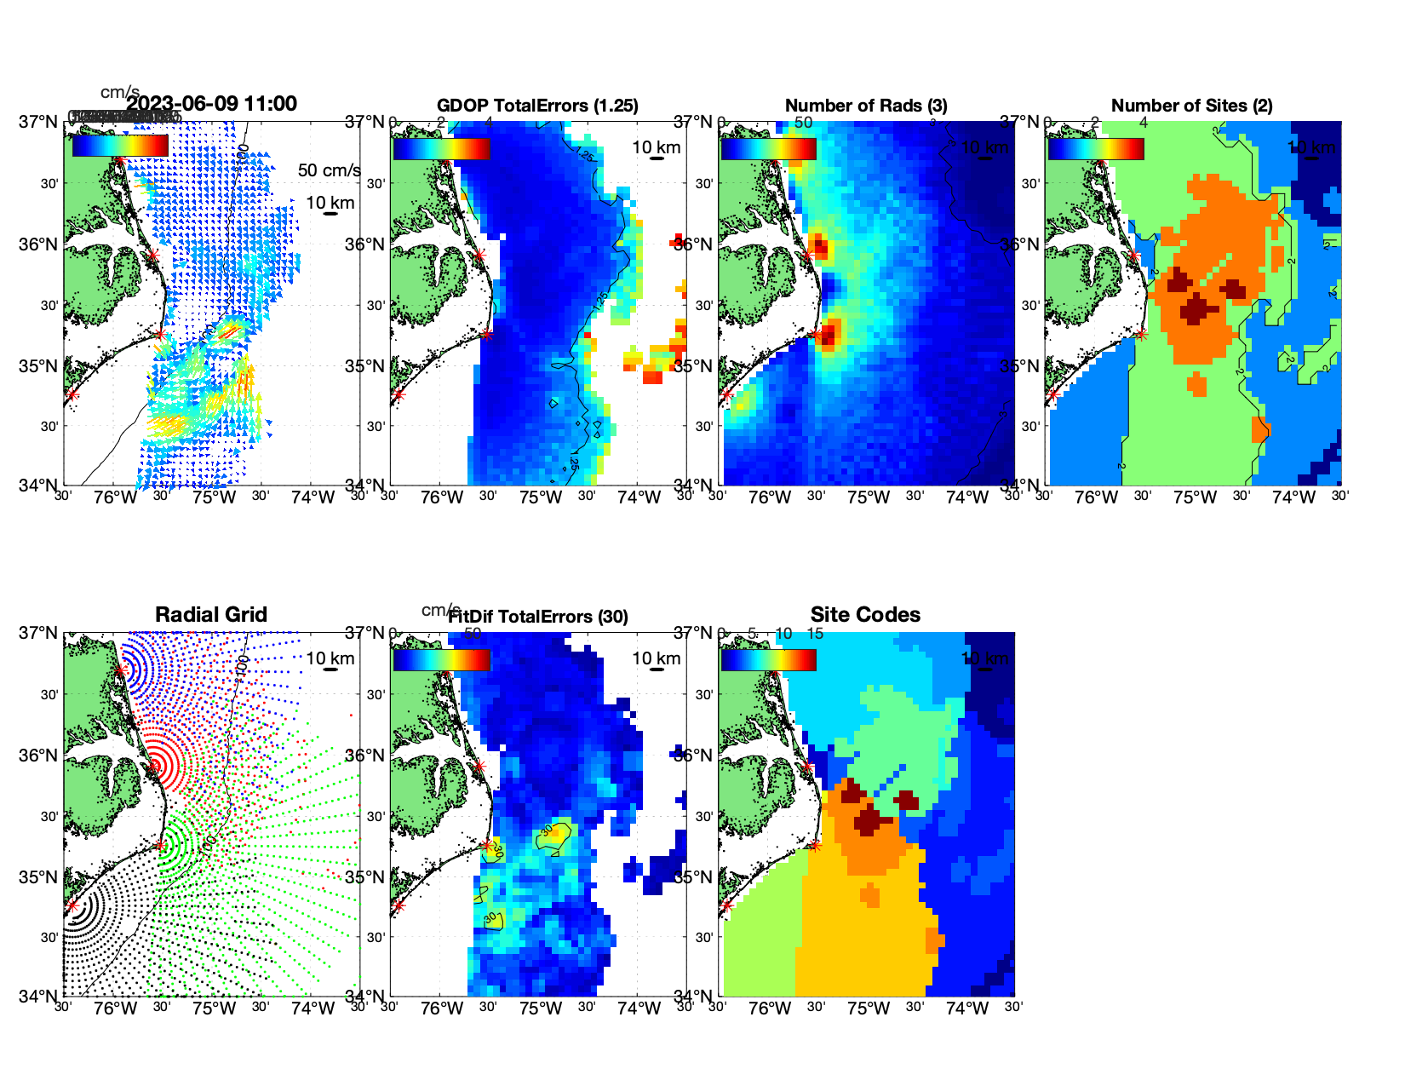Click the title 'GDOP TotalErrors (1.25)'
pos(537,106)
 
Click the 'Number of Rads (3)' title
pos(866,106)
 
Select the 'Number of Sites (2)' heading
pos(1191,106)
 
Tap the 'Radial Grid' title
pos(211,615)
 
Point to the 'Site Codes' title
pos(865,615)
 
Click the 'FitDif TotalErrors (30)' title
pos(538,617)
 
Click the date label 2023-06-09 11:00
pos(211,104)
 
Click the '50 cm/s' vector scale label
pos(329,170)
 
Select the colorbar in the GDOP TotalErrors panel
pos(441,148)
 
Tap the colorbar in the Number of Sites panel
pos(1096,148)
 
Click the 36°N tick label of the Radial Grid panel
pos(39,756)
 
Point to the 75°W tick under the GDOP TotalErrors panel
pos(541,498)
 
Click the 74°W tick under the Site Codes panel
pos(966,1009)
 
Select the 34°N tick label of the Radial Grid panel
pos(39,996)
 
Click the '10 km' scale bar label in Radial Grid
pos(330,658)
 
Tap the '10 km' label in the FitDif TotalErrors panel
pos(656,658)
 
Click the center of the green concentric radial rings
pos(160,845)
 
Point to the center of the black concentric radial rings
pos(72,905)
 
